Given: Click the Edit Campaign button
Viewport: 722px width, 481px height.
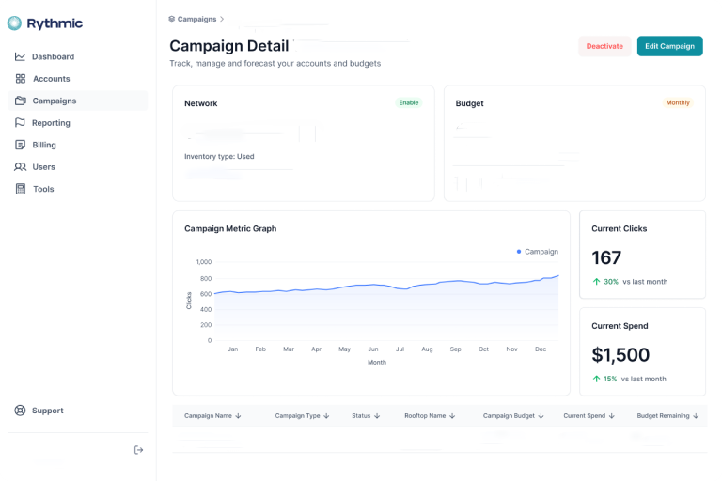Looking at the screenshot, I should click(669, 46).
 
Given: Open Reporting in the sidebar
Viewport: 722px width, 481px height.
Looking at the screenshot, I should click(51, 123).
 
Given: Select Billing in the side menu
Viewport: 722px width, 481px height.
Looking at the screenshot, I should click(44, 145).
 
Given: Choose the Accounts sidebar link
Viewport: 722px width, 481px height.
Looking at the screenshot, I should click(51, 79).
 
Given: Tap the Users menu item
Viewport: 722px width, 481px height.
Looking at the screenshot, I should click(43, 167).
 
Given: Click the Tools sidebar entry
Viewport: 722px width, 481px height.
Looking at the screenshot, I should click(43, 189).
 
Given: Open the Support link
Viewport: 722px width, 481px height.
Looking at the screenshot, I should click(47, 411).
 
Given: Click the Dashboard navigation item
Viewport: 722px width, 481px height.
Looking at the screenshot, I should click(53, 57).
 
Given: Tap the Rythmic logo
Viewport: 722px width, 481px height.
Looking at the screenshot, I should click(45, 23).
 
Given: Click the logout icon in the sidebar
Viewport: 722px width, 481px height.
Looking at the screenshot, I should click(139, 450).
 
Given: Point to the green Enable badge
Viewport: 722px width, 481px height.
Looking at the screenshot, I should click(408, 102).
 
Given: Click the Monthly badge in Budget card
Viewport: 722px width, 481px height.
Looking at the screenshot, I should click(677, 102).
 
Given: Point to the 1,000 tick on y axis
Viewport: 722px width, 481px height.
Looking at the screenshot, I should click(203, 262).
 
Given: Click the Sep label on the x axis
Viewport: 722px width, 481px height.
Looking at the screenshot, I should click(455, 349).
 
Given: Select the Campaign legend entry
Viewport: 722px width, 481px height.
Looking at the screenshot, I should click(538, 252).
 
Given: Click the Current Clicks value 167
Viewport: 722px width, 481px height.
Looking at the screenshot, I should click(606, 257).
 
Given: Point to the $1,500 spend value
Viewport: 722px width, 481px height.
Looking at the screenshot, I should click(620, 355).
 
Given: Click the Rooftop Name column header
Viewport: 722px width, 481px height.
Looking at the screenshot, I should click(430, 415).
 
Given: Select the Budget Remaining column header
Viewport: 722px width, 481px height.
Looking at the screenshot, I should click(667, 415).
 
